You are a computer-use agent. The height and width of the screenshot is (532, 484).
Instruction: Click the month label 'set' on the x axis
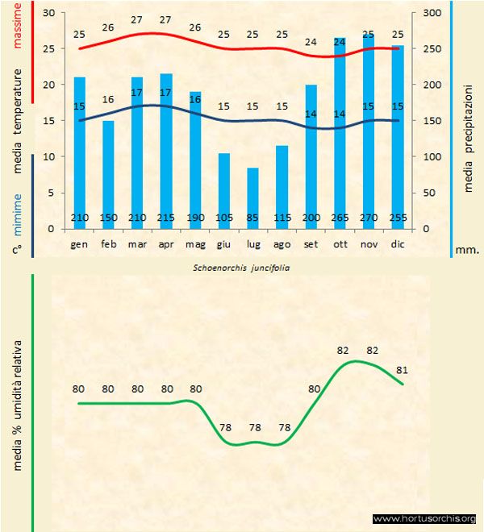point(311,243)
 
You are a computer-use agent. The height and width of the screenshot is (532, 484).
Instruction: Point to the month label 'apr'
point(166,243)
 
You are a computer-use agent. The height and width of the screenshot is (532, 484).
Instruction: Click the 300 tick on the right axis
point(432,13)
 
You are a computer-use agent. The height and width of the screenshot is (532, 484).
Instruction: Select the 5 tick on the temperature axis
point(49,193)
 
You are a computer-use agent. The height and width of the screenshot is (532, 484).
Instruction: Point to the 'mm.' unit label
point(467,250)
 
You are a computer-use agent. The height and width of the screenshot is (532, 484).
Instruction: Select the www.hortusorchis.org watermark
point(424,518)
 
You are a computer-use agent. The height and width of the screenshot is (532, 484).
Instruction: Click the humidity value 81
point(403,371)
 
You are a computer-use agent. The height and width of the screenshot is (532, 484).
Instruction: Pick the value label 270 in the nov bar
point(369,218)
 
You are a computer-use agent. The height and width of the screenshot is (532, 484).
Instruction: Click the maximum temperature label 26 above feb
point(108,28)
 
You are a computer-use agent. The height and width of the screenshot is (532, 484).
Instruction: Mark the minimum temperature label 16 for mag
point(195,99)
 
